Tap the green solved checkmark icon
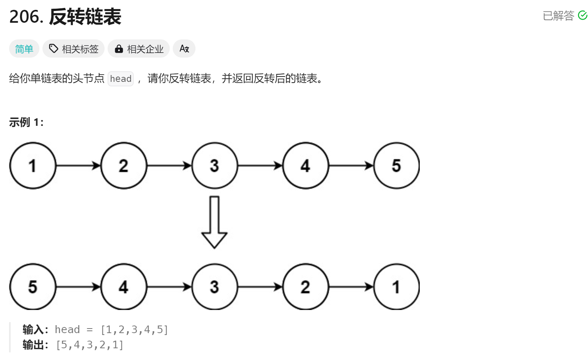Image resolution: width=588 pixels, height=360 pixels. pyautogui.click(x=582, y=16)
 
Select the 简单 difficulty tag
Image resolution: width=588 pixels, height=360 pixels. pyautogui.click(x=24, y=49)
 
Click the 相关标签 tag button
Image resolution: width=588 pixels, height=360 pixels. pyautogui.click(x=73, y=49)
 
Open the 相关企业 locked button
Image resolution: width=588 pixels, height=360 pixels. pyautogui.click(x=139, y=49)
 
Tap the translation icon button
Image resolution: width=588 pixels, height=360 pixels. pyautogui.click(x=184, y=49)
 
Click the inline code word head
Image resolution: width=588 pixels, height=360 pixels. pyautogui.click(x=120, y=79)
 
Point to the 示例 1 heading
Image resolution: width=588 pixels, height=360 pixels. pyautogui.click(x=26, y=122)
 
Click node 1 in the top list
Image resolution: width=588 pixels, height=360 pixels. pyautogui.click(x=33, y=166)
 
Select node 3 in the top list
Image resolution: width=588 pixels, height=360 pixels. pyautogui.click(x=214, y=166)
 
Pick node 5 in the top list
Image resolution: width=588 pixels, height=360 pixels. pyautogui.click(x=396, y=166)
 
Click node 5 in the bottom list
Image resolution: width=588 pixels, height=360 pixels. pyautogui.click(x=33, y=287)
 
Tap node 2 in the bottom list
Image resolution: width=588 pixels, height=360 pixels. pyautogui.click(x=305, y=287)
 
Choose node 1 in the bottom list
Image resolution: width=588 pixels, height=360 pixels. pyautogui.click(x=396, y=287)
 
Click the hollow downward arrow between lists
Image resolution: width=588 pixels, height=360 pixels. pyautogui.click(x=214, y=222)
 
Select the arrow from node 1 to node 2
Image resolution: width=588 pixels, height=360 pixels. pyautogui.click(x=78, y=166)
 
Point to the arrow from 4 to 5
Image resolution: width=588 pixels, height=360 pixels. pyautogui.click(x=351, y=166)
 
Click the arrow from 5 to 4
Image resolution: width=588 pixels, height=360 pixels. pyautogui.click(x=78, y=287)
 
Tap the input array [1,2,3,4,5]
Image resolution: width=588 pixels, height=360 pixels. pyautogui.click(x=134, y=330)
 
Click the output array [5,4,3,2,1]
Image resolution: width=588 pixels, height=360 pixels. pyautogui.click(x=89, y=345)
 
